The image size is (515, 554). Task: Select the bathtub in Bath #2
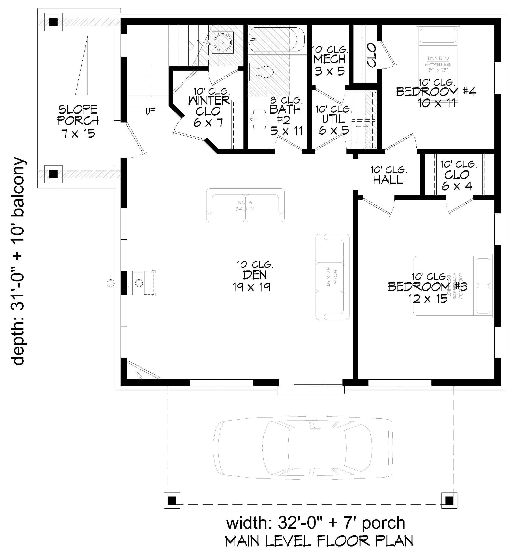(x=275, y=39)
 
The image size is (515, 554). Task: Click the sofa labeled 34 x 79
(x=245, y=205)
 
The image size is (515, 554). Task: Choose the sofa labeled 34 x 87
(x=332, y=277)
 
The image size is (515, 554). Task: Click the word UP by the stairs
(x=151, y=111)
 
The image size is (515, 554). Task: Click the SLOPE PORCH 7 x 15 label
(x=78, y=121)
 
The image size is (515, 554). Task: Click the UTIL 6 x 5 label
(x=334, y=120)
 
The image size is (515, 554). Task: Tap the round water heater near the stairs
(x=222, y=42)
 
